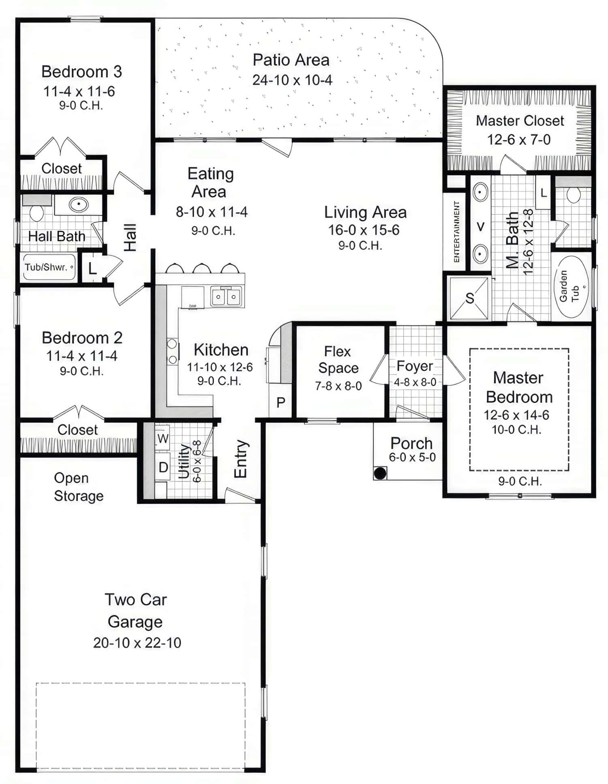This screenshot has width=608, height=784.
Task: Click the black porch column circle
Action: click(380, 473)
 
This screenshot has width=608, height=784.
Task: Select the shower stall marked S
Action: click(470, 298)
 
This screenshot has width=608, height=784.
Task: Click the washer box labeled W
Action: click(163, 438)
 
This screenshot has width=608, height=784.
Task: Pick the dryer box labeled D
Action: click(163, 467)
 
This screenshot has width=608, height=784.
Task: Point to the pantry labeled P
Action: click(280, 402)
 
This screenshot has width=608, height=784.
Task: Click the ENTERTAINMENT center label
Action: click(456, 232)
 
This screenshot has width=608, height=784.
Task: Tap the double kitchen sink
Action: click(226, 296)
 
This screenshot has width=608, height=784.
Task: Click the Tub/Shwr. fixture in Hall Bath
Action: click(48, 267)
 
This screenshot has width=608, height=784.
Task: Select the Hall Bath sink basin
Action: click(79, 204)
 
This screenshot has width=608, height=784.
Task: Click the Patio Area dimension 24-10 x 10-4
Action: click(292, 80)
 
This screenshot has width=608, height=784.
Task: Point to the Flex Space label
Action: click(338, 359)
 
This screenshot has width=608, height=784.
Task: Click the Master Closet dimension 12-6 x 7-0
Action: click(518, 140)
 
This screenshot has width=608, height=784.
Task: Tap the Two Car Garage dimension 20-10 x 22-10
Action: click(137, 642)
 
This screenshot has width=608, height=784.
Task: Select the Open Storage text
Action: click(78, 487)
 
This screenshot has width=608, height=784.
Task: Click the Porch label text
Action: click(411, 443)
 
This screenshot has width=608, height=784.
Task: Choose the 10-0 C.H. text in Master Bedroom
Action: click(516, 430)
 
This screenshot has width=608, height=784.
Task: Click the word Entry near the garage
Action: click(241, 459)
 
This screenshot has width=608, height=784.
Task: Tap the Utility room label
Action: click(184, 462)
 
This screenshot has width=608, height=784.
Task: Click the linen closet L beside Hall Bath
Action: click(92, 268)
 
